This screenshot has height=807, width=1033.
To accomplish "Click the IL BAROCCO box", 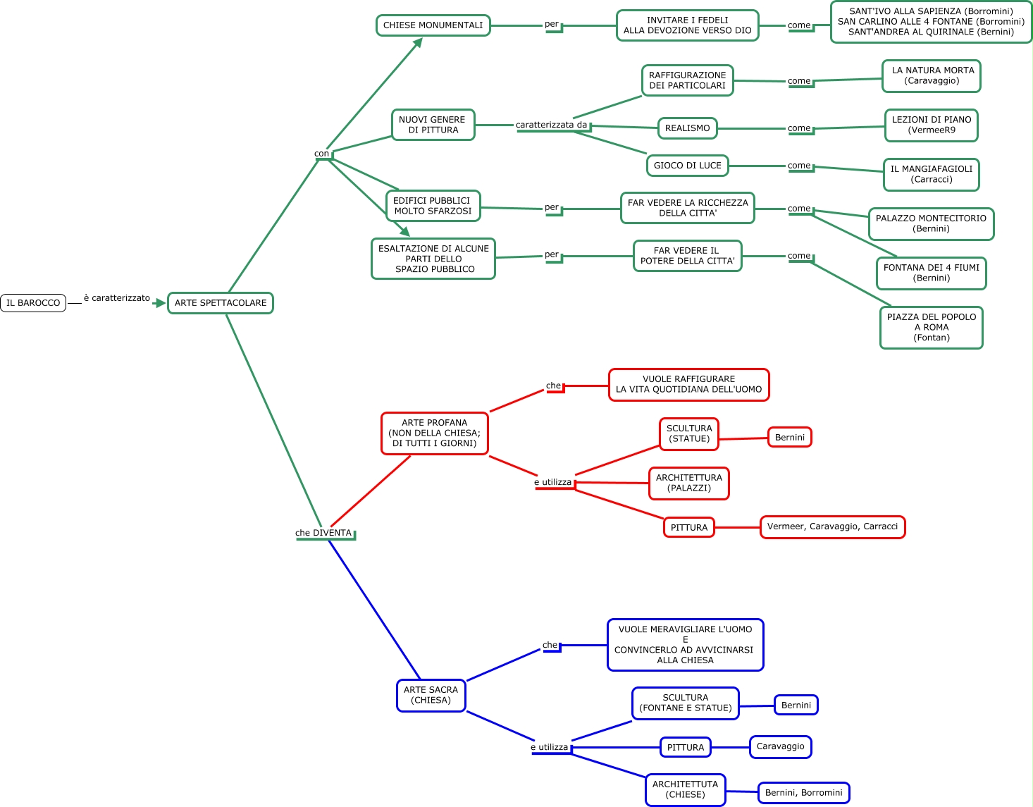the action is [33, 303].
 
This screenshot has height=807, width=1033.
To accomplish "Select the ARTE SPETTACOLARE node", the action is [221, 303].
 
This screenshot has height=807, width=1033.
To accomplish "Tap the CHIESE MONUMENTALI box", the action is [433, 25].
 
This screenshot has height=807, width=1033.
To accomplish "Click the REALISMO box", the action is [688, 128].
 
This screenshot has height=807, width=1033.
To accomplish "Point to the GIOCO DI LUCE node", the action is [688, 166].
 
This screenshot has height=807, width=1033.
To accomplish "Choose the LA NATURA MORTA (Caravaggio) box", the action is [932, 76].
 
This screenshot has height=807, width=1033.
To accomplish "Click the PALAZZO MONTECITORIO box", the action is [932, 224].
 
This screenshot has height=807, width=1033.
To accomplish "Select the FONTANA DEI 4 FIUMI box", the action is [932, 273].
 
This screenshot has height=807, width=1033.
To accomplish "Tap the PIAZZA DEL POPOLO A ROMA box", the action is [932, 328].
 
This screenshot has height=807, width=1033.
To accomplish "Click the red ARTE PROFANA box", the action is [435, 433].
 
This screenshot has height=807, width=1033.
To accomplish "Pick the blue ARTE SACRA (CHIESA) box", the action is [431, 696].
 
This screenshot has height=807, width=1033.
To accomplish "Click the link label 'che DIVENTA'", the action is [323, 534].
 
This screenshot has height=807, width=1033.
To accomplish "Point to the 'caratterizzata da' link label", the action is [552, 125].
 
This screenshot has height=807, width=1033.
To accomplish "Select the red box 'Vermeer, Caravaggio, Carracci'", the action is [832, 526].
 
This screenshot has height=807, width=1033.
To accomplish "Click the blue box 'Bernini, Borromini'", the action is [803, 793].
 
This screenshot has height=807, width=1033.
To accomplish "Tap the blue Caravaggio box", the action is [781, 746].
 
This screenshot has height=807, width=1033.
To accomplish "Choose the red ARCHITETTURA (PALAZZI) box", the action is [689, 483].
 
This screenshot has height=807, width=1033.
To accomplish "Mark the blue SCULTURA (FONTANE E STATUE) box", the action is [686, 703].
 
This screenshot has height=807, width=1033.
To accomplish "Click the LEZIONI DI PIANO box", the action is [932, 125].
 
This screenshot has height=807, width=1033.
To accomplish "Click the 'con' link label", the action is [321, 154].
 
